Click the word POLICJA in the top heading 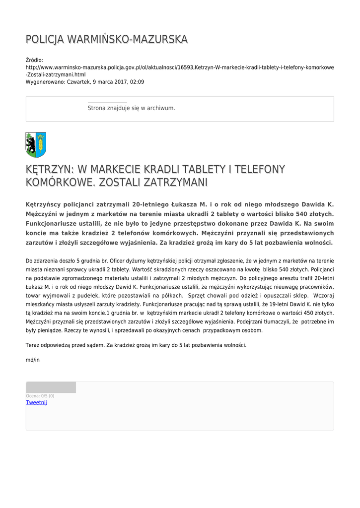pos(45,39)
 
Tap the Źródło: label pos(34,60)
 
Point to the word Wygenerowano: pos(45,82)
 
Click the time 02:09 pos(138,82)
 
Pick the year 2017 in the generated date pos(120,82)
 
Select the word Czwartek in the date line pos(79,82)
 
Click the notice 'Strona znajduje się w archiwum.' pos(131,108)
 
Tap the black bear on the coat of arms pos(31,145)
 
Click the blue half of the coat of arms pos(41,145)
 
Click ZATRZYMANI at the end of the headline pos(175,183)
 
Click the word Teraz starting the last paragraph pos(33,345)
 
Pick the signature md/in pos(33,360)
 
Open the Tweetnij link pos(36,402)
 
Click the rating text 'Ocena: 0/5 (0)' pos(40,396)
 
